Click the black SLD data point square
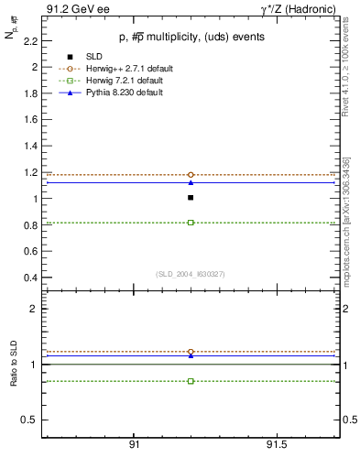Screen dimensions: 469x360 (x=191, y=197)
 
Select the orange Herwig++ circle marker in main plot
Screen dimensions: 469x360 (x=191, y=174)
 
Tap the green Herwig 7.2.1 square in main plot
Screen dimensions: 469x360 (x=191, y=223)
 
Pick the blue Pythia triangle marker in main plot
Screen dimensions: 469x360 (x=191, y=182)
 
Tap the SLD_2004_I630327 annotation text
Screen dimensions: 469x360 (x=190, y=273)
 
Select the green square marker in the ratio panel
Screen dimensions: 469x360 (x=191, y=381)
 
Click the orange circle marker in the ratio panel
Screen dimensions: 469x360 (x=191, y=352)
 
